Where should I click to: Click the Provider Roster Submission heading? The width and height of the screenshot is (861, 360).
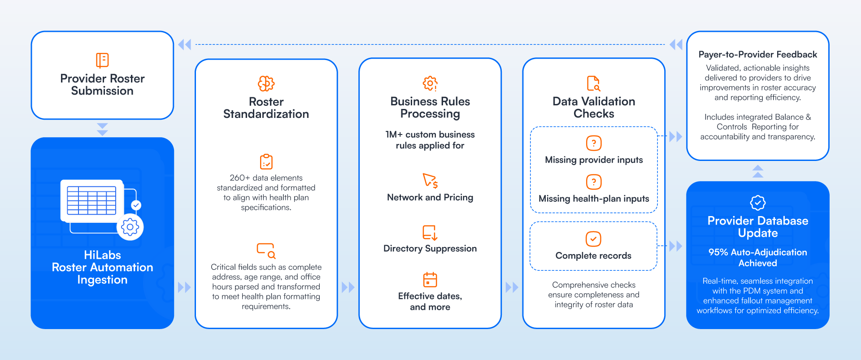pyautogui.click(x=102, y=85)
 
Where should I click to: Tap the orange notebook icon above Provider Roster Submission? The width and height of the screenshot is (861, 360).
pyautogui.click(x=102, y=60)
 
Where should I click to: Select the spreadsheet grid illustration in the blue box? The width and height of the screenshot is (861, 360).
pyautogui.click(x=91, y=200)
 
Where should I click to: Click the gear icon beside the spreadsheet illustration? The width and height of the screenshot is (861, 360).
pyautogui.click(x=130, y=227)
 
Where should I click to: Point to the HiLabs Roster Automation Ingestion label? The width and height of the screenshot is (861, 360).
pyautogui.click(x=102, y=267)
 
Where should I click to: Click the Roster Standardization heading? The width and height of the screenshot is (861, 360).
pyautogui.click(x=266, y=108)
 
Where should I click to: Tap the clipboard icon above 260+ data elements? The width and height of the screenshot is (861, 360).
pyautogui.click(x=266, y=162)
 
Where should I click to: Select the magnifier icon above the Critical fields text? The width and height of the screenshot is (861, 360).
pyautogui.click(x=266, y=251)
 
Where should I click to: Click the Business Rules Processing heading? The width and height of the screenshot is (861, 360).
pyautogui.click(x=430, y=108)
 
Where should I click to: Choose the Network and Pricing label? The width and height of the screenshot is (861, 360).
pyautogui.click(x=430, y=197)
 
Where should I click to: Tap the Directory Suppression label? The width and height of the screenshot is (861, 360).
pyautogui.click(x=430, y=248)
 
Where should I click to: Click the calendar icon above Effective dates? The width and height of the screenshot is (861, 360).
pyautogui.click(x=430, y=280)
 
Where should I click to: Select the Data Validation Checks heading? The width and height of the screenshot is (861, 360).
pyautogui.click(x=594, y=108)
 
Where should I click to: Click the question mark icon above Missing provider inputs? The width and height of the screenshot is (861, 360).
pyautogui.click(x=594, y=143)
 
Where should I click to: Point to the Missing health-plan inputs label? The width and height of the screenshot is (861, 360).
pyautogui.click(x=594, y=199)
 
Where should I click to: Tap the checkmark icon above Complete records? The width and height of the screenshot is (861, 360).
pyautogui.click(x=593, y=239)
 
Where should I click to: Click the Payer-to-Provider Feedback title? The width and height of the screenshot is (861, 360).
pyautogui.click(x=757, y=55)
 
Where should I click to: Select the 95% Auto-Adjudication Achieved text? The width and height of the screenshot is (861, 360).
pyautogui.click(x=757, y=258)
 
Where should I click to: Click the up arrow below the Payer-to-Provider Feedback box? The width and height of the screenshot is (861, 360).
pyautogui.click(x=757, y=171)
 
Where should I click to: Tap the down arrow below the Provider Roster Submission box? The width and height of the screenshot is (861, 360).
pyautogui.click(x=102, y=129)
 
